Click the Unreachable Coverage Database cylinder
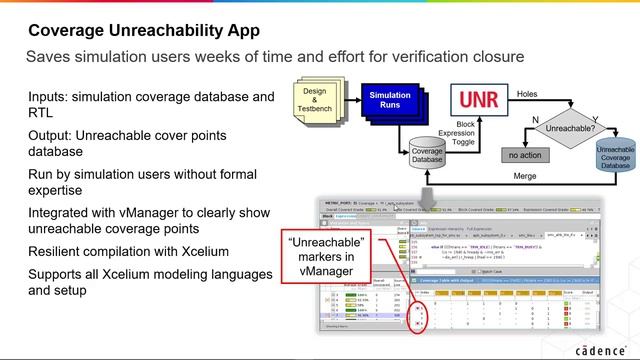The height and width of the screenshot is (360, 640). tap(614, 158)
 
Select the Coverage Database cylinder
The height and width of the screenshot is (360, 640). tap(427, 153)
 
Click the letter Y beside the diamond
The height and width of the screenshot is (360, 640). tap(597, 119)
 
